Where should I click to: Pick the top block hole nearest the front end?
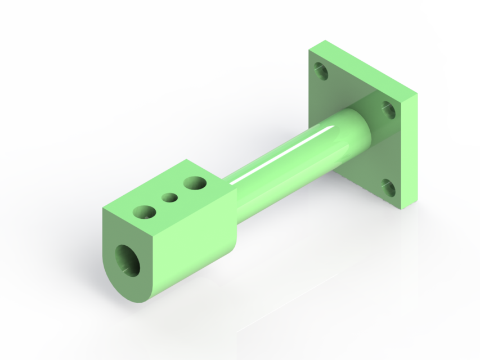point(144,212)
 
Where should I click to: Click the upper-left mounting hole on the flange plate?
point(321,71)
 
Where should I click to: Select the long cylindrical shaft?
point(298,157)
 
